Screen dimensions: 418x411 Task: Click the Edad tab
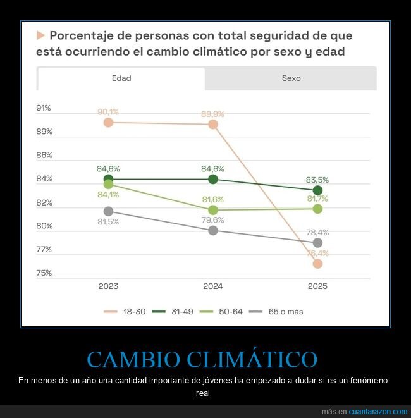click(x=121, y=78)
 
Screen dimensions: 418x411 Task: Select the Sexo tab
click(x=291, y=78)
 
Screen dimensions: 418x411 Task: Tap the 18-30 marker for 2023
click(x=108, y=123)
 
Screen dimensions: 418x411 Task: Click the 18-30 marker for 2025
click(x=317, y=264)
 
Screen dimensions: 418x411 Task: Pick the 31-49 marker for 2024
click(x=213, y=180)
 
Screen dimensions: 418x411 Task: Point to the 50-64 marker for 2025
click(x=317, y=209)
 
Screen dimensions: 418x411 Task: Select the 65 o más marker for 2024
click(x=213, y=231)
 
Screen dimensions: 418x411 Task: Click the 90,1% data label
click(x=108, y=112)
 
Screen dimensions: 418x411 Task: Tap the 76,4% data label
click(x=317, y=254)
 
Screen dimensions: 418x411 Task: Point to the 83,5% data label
click(x=317, y=180)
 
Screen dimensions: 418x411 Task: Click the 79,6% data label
click(x=213, y=220)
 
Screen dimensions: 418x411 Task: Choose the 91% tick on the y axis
click(x=44, y=108)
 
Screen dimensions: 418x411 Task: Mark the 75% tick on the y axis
click(x=44, y=273)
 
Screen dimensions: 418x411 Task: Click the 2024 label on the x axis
click(x=213, y=286)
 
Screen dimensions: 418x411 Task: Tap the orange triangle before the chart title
click(x=41, y=35)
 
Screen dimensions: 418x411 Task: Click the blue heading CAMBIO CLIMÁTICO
click(x=202, y=359)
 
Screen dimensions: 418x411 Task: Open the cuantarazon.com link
click(x=378, y=412)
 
